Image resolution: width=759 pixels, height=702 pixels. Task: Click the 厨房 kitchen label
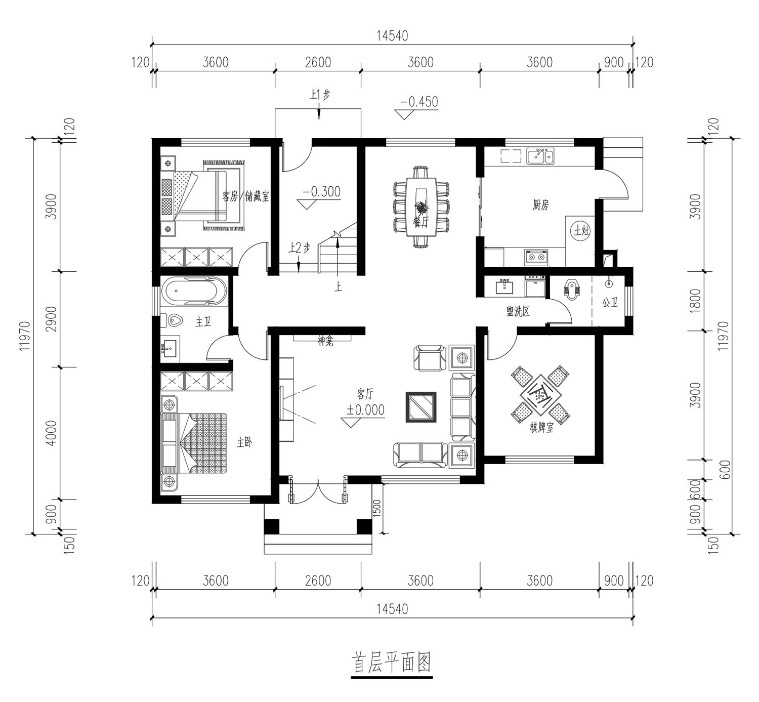click(x=540, y=205)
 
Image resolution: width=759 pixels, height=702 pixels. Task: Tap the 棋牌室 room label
click(x=541, y=428)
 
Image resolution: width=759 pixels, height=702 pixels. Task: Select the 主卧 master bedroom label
click(x=244, y=443)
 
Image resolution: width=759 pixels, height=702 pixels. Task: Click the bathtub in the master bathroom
click(x=194, y=292)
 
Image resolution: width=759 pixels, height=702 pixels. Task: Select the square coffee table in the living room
click(x=421, y=407)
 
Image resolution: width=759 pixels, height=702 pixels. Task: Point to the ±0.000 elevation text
click(x=365, y=410)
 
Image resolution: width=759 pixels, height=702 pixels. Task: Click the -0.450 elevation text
click(x=419, y=102)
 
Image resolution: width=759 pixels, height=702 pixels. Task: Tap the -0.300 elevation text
click(x=321, y=191)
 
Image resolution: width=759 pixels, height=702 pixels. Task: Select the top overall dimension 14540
click(x=392, y=36)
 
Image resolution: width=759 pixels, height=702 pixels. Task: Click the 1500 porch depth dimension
click(x=376, y=509)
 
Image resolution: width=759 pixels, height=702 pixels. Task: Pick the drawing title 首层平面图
click(x=391, y=663)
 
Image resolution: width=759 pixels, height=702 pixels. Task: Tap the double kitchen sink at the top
click(x=540, y=156)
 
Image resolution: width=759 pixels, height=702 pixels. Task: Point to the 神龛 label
click(x=326, y=342)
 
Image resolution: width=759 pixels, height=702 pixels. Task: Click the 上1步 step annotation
click(x=319, y=95)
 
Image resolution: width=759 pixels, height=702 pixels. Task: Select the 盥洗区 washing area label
click(x=518, y=312)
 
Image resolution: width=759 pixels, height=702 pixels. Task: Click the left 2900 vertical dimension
click(x=51, y=319)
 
